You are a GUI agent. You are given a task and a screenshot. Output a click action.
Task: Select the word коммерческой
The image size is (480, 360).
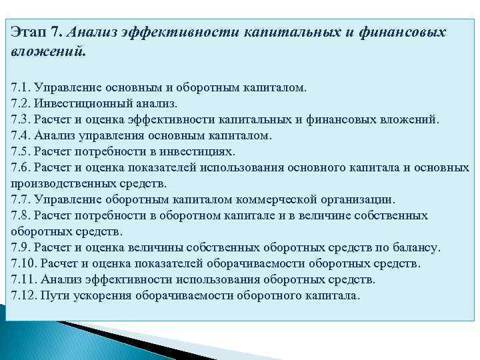click(x=270, y=199)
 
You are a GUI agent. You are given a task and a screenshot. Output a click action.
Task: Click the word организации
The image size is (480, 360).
click(x=357, y=199)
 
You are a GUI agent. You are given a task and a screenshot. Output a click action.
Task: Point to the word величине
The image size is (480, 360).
click(x=321, y=215)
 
